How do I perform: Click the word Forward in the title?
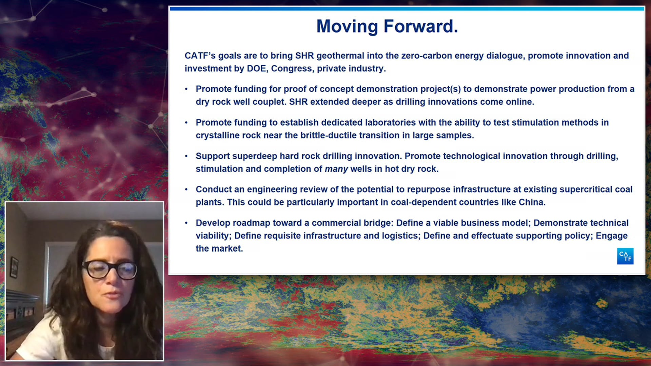421,26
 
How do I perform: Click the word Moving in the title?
347,26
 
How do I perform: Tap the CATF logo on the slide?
625,256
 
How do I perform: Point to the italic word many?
336,169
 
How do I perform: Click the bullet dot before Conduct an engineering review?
186,189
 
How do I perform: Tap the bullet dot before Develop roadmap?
186,223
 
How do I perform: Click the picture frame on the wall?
14,267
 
